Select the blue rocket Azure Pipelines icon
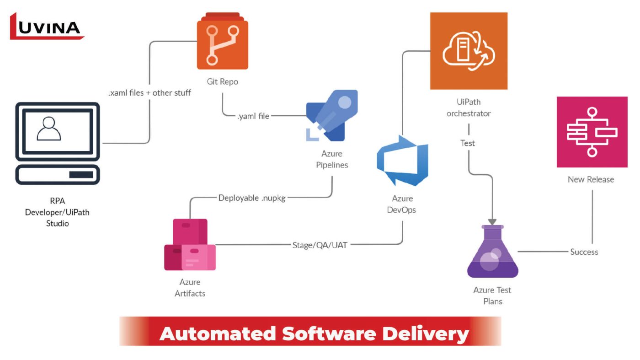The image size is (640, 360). (x=332, y=115)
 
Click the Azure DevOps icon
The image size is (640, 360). (x=402, y=161)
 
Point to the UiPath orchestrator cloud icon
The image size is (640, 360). (x=469, y=51)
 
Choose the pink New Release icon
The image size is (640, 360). (x=592, y=132)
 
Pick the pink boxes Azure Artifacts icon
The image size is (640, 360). (x=190, y=245)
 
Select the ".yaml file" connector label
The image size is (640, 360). (x=253, y=116)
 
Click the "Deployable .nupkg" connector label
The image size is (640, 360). (x=252, y=198)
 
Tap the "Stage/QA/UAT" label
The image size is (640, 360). (x=320, y=245)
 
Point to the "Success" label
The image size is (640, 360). (x=584, y=252)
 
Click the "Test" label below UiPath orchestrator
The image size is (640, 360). (x=468, y=143)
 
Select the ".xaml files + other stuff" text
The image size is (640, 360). (x=149, y=93)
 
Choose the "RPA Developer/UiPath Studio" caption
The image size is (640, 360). (x=57, y=212)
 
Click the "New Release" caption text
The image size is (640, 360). (x=591, y=179)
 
